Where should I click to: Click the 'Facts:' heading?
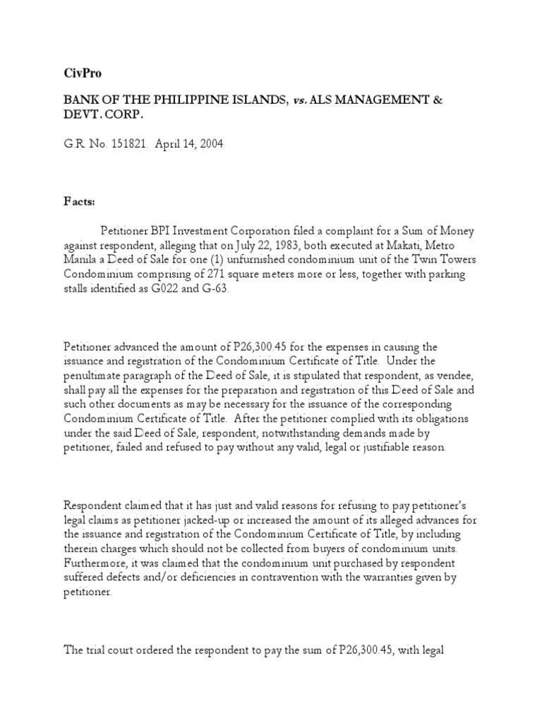click(79, 200)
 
